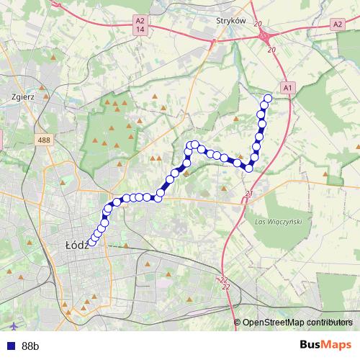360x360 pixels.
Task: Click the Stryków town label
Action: click(231, 22)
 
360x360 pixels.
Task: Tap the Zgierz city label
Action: click(24, 94)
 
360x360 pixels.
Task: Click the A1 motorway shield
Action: click(287, 87)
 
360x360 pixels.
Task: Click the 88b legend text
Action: click(30, 346)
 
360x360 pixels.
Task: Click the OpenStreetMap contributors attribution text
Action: click(297, 323)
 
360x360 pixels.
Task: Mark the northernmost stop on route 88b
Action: click(269, 99)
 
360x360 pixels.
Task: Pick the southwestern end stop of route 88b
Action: click(91, 243)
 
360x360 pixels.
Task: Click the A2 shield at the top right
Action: click(337, 24)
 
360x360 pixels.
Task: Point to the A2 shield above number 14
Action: click(140, 22)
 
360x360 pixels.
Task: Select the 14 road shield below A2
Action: click(140, 30)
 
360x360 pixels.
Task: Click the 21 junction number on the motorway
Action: click(249, 194)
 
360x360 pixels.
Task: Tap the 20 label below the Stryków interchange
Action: click(271, 49)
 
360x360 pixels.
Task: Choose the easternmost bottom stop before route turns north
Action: click(249, 168)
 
